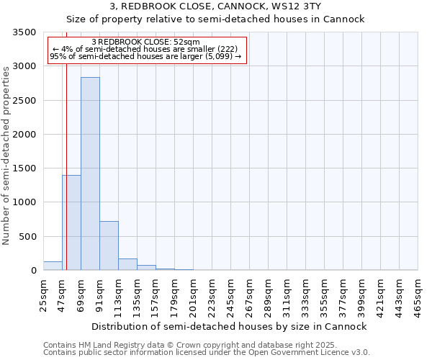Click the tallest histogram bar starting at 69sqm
(90, 174)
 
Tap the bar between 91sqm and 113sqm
(109, 246)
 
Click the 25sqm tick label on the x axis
(43, 292)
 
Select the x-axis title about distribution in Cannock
(230, 326)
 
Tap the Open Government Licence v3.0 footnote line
(207, 353)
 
